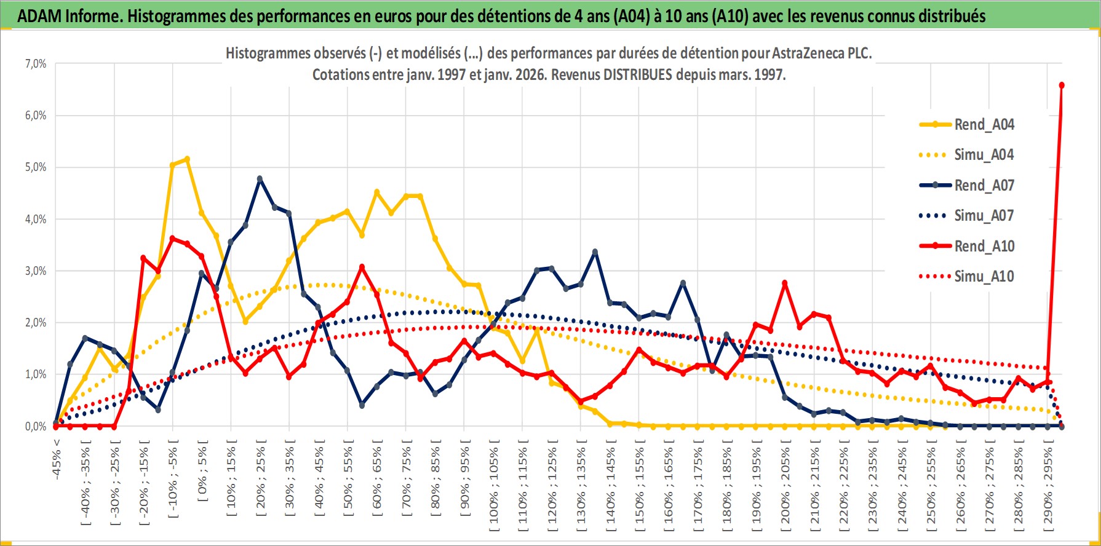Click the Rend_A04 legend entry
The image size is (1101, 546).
point(984,125)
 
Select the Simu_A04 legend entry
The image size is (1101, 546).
point(984,155)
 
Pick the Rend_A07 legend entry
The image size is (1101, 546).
point(984,185)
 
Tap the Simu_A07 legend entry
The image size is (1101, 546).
point(984,216)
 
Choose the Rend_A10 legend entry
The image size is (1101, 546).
point(984,246)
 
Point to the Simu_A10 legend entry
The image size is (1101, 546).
point(984,277)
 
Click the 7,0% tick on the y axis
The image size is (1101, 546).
point(36,64)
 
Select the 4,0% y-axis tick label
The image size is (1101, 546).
point(36,220)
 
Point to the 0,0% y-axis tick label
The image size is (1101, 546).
point(36,427)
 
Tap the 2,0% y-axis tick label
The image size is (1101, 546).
point(36,323)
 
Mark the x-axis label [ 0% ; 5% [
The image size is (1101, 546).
point(202,470)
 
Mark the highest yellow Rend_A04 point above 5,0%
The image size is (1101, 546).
point(187,159)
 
